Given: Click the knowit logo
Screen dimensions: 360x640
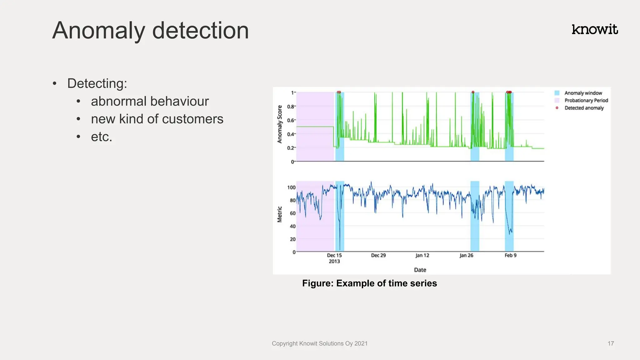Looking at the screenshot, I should coord(594,29).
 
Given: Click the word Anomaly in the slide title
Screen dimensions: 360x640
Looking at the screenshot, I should coord(99,31).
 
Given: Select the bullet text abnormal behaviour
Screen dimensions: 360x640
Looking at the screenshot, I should coord(150,101).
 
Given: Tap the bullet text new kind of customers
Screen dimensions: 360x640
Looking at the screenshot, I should coord(157,119).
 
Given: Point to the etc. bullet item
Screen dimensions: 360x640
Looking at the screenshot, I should coord(101,137).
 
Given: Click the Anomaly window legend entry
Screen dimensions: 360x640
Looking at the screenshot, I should coord(583,93).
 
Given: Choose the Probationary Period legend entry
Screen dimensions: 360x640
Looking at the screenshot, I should coord(586,100).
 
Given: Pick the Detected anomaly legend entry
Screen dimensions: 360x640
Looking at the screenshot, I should coord(584,108).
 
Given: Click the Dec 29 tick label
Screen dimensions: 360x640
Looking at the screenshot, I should coord(378,255).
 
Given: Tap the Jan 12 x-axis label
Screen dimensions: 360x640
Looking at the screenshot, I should coord(422,255).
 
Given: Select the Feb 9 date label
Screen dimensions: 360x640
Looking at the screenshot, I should coord(510,255).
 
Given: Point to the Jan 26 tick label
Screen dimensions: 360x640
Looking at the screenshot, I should coord(466,255).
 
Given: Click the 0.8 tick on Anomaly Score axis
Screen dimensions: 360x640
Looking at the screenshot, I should coord(291,107).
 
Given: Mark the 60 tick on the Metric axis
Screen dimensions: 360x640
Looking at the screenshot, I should coord(292,213).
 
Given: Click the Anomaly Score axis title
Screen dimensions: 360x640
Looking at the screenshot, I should coord(280,124).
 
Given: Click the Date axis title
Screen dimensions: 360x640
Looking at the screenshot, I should coord(420,270).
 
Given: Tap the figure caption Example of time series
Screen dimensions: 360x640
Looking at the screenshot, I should coord(369,283).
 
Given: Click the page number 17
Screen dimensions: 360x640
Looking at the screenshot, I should coord(611,343).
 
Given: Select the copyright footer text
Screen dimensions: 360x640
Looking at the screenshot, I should coord(319,343).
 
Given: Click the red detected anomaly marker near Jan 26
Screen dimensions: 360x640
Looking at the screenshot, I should coord(473,92).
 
